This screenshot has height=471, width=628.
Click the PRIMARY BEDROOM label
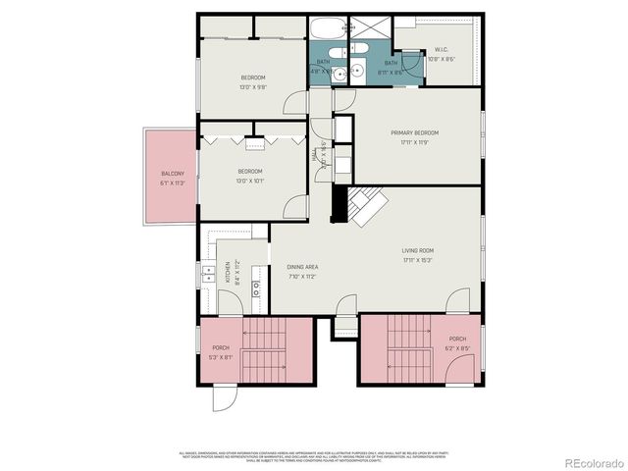click(x=413, y=132)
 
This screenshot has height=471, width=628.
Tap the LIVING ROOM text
click(x=417, y=251)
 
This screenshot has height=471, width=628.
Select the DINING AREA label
click(x=302, y=267)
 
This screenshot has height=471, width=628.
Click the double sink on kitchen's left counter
click(x=209, y=274)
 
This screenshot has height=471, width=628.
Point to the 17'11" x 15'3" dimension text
click(x=417, y=261)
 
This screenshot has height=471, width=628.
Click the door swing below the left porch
click(x=225, y=397)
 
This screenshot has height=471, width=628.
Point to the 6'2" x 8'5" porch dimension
click(x=457, y=347)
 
